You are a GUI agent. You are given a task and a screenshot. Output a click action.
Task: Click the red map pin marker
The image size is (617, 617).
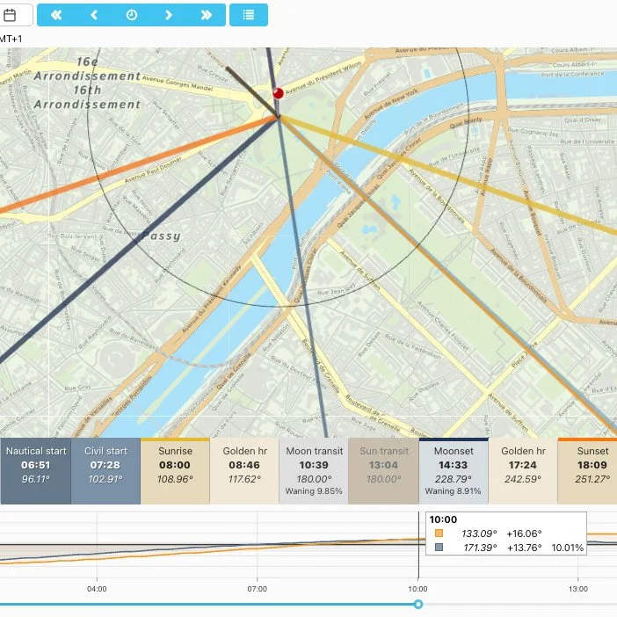pos(279,93)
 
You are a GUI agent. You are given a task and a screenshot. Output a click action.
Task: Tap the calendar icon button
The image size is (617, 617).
pos(11,15)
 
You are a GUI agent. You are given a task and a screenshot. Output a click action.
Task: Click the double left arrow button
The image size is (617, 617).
pos(56,15)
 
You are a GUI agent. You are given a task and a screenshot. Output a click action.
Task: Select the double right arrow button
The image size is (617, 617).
pos(207,15)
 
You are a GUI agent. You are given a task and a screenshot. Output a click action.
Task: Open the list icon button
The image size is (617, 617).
pos(249,15)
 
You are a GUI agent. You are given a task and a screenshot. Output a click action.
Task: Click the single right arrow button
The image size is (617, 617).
pos(169,15)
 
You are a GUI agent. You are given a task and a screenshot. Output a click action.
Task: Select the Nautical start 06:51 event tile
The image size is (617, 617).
pos(36,471)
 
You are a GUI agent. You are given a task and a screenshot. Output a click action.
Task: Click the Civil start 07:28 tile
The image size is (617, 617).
pos(105,471)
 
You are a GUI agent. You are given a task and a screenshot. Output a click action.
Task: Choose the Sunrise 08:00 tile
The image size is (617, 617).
pos(175,471)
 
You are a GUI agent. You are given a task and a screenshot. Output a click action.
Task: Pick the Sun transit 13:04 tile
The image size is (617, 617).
pos(383,471)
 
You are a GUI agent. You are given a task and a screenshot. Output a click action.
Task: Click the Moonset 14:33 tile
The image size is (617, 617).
pos(453,471)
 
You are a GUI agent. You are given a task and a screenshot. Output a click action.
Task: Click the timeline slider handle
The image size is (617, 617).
pos(418,604)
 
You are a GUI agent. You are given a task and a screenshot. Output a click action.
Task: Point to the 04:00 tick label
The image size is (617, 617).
pos(97,588)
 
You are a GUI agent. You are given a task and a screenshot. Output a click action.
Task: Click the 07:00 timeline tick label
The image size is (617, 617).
pos(258,588)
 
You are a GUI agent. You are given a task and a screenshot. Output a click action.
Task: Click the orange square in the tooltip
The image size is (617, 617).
pos(439,534)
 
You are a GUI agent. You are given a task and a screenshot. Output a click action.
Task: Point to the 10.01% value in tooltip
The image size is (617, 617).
pos(567,548)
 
